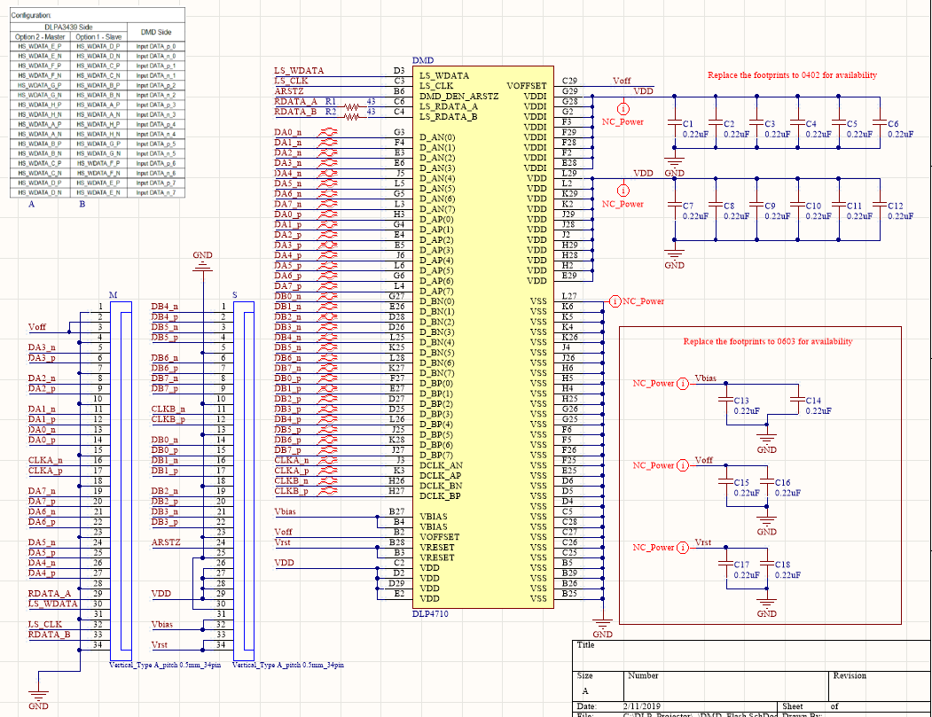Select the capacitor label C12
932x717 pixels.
[x=895, y=206]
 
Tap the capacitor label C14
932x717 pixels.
[x=811, y=401]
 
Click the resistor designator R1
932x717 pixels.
[x=331, y=102]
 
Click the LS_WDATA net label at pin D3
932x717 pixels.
[x=300, y=70]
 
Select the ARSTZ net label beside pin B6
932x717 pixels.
[x=289, y=91]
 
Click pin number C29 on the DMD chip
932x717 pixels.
[x=569, y=81]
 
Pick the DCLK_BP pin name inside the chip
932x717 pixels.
[x=441, y=496]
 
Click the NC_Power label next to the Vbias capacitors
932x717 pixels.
[x=653, y=383]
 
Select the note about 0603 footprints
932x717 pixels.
[x=768, y=341]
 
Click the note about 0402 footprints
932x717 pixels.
[x=792, y=75]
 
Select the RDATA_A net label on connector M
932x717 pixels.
[x=49, y=594]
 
